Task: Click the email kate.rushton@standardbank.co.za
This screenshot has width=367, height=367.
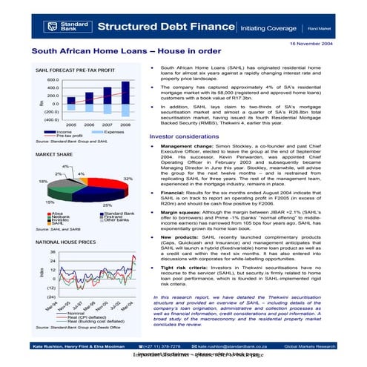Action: click(234, 346)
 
